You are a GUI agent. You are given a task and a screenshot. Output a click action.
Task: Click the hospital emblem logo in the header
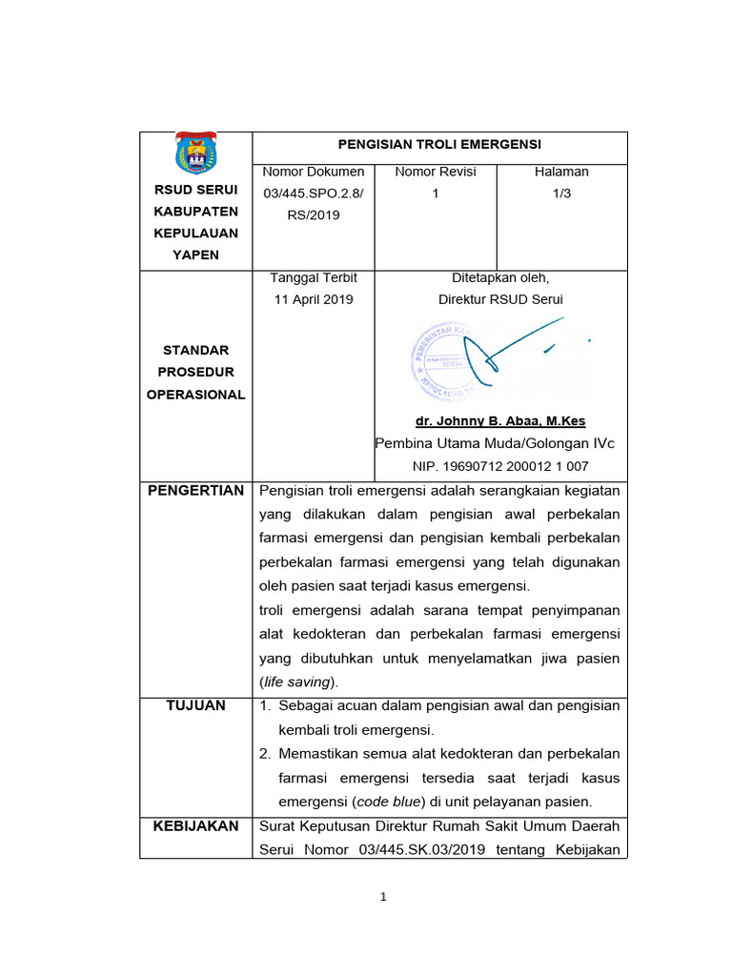pyautogui.click(x=195, y=152)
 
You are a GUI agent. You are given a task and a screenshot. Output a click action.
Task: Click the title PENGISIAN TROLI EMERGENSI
pyautogui.click(x=439, y=144)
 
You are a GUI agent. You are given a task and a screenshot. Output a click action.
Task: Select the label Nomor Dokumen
pyautogui.click(x=313, y=172)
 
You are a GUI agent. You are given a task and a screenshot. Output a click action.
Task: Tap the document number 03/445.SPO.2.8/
pyautogui.click(x=313, y=193)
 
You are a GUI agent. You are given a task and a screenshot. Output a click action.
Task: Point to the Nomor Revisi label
pyautogui.click(x=435, y=172)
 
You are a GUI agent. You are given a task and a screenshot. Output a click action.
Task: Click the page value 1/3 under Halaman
pyautogui.click(x=561, y=193)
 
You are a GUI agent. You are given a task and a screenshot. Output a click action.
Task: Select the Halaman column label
pyautogui.click(x=561, y=172)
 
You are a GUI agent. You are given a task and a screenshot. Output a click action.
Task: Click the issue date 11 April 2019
pyautogui.click(x=313, y=299)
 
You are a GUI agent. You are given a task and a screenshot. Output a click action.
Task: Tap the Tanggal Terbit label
pyautogui.click(x=313, y=277)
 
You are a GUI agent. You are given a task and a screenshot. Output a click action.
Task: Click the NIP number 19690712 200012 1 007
pyautogui.click(x=499, y=466)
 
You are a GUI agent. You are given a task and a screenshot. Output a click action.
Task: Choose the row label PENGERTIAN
pyautogui.click(x=195, y=491)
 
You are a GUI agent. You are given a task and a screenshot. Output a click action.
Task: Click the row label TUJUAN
pyautogui.click(x=195, y=705)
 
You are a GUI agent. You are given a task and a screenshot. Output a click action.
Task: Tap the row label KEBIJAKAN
pyautogui.click(x=195, y=825)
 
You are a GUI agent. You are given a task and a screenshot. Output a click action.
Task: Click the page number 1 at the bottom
pyautogui.click(x=382, y=897)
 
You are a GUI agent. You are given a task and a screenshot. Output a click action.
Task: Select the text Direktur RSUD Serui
pyautogui.click(x=500, y=299)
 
